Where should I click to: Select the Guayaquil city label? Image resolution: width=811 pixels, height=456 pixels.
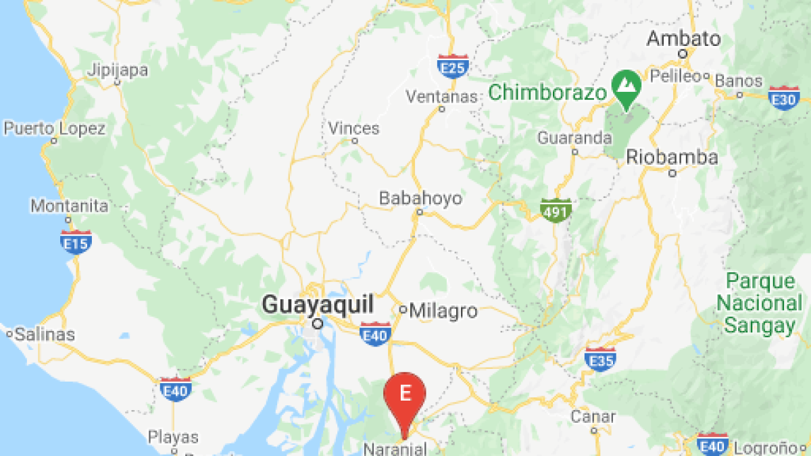click(x=318, y=305)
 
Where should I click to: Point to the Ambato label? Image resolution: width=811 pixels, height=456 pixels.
click(x=683, y=39)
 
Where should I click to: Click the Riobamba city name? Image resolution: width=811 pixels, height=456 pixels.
click(x=672, y=158)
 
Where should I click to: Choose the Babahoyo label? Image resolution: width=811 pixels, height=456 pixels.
click(x=420, y=198)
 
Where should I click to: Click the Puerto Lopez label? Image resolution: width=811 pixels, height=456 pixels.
click(x=55, y=128)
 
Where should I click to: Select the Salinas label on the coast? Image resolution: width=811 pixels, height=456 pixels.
click(x=45, y=334)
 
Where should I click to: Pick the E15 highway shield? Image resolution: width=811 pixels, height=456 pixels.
click(x=75, y=241)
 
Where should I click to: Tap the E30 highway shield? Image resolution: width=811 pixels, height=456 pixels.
click(x=784, y=98)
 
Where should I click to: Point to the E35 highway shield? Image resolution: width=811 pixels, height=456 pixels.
click(x=599, y=359)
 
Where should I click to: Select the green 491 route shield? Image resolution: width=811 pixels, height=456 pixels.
click(x=556, y=210)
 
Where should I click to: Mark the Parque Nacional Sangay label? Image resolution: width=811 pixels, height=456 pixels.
click(x=760, y=303)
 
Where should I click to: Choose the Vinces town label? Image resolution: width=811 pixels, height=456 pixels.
click(x=354, y=128)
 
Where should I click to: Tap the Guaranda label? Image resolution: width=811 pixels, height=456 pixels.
click(x=574, y=138)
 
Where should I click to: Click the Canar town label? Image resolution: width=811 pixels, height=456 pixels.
click(x=593, y=416)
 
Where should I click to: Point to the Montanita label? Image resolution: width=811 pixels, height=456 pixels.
click(x=70, y=205)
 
